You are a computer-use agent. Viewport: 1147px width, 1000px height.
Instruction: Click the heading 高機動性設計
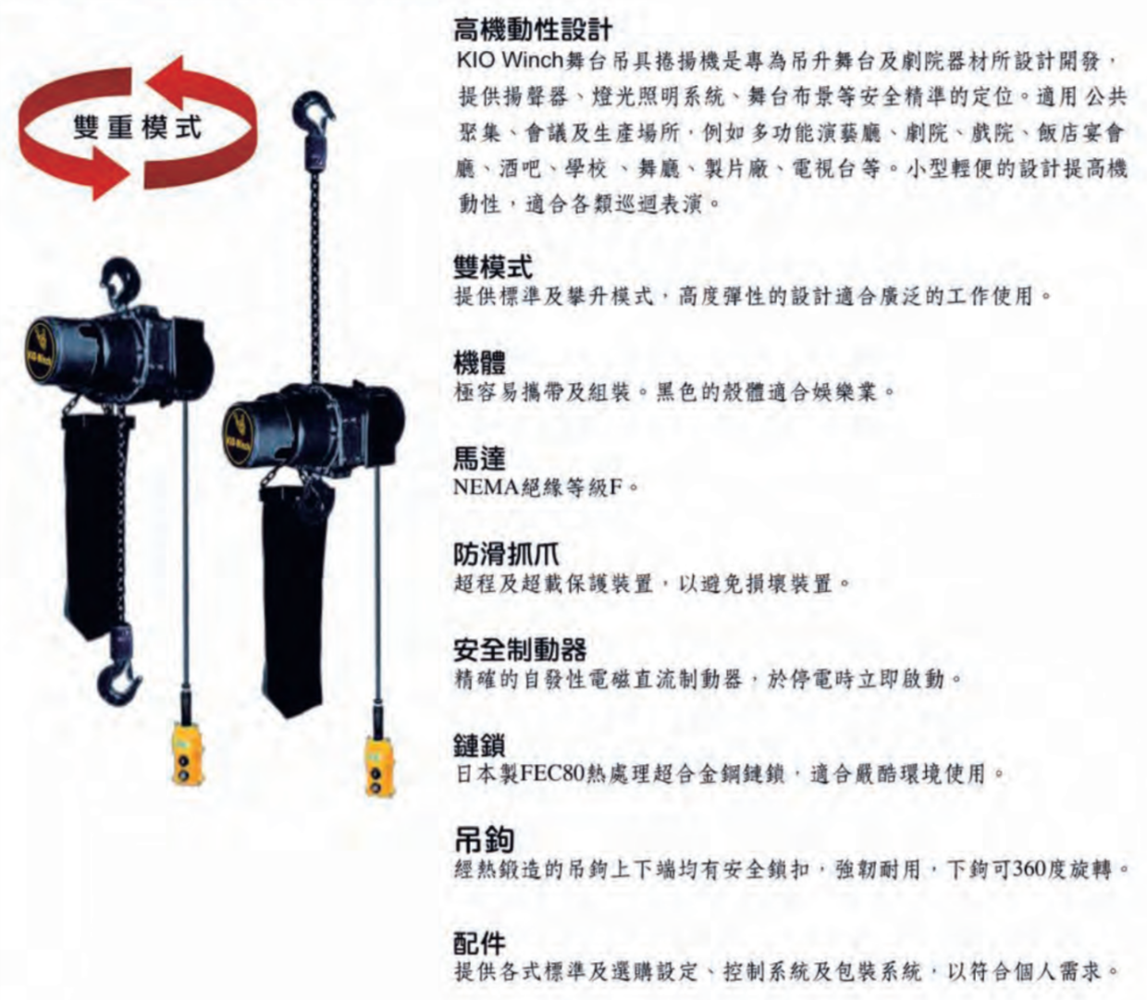tap(532, 31)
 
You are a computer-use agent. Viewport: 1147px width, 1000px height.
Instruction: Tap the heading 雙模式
tap(493, 266)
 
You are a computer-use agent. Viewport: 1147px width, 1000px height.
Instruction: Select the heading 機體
tap(479, 363)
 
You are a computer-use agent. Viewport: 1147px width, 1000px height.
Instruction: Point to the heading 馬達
tap(479, 458)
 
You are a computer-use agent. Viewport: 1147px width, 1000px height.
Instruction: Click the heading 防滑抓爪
tap(506, 555)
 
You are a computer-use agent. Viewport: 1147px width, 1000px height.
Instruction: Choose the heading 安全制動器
tap(520, 650)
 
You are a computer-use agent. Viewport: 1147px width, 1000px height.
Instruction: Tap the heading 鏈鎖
tap(479, 746)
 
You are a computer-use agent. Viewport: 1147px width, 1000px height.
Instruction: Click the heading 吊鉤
tap(483, 839)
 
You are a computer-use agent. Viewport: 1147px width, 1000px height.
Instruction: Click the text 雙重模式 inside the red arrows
tap(138, 129)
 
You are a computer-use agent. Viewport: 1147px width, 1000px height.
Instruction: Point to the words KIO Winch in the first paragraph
tap(510, 60)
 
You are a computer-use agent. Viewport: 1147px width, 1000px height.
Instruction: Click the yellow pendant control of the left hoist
tap(187, 753)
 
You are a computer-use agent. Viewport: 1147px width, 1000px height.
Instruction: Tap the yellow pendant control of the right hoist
tap(380, 764)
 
